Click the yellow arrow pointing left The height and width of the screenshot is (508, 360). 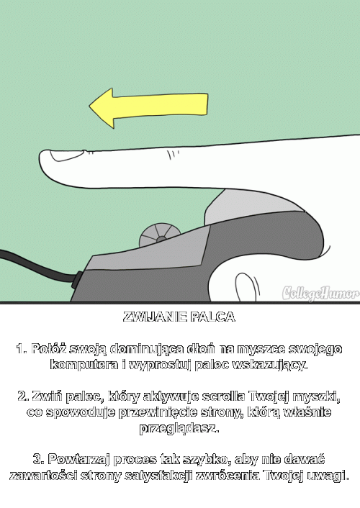pyautogui.click(x=148, y=107)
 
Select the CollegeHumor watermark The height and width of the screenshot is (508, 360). pyautogui.click(x=320, y=293)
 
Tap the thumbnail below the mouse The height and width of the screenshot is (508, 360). pyautogui.click(x=247, y=286)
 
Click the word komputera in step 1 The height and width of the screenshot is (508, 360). pyautogui.click(x=84, y=365)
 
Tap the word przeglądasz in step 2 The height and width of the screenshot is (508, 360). pyautogui.click(x=179, y=428)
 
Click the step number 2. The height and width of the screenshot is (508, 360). pyautogui.click(x=23, y=396)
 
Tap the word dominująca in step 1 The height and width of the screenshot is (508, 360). pyautogui.click(x=148, y=349)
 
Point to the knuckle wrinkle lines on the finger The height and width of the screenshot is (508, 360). pyautogui.click(x=173, y=155)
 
